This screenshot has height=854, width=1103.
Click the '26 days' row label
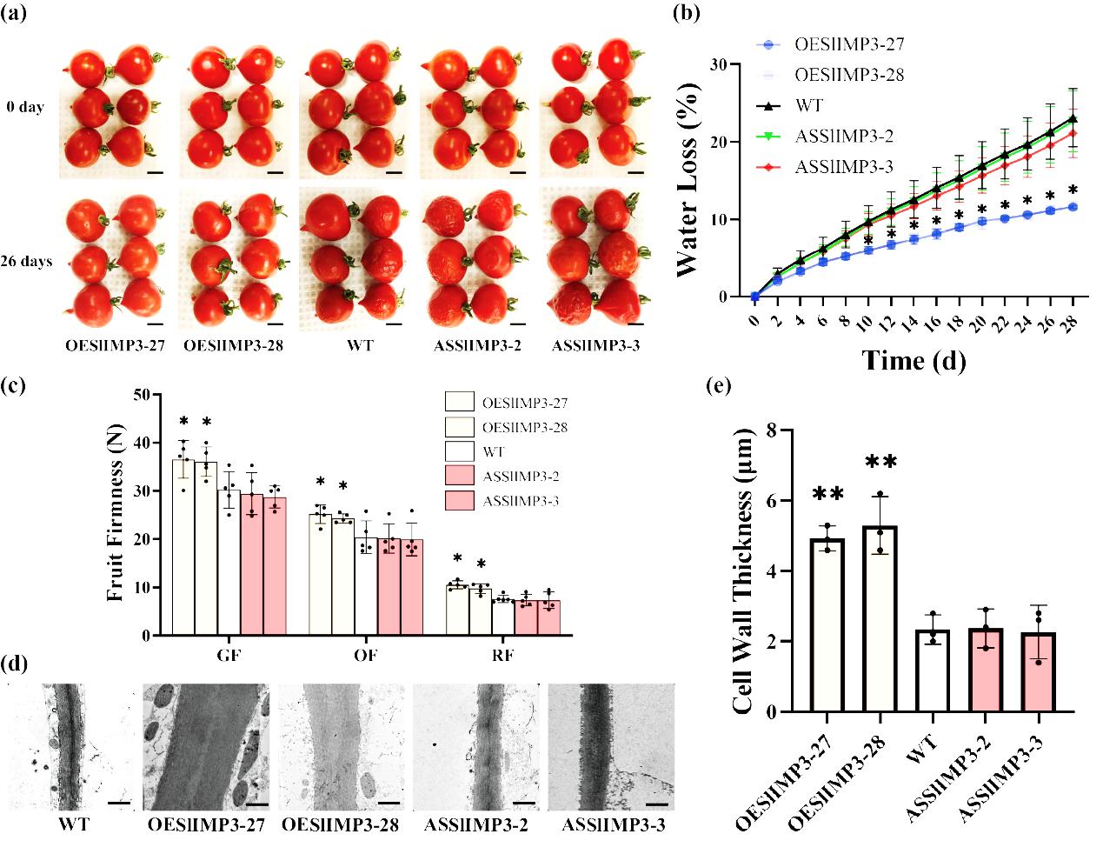[x=26, y=261]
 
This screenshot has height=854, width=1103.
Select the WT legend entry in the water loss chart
[x=808, y=106]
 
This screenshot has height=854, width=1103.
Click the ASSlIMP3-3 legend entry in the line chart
[x=843, y=168]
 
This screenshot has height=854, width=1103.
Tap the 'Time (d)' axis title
[x=914, y=360]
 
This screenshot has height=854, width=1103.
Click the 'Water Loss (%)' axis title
[x=687, y=180]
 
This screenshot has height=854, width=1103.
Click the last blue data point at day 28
[x=1073, y=207]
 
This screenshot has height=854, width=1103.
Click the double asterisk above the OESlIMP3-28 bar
[x=880, y=462]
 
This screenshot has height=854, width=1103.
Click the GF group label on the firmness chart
[x=229, y=655]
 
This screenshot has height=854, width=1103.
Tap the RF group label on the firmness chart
[x=502, y=655]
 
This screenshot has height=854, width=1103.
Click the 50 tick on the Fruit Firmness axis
[x=139, y=396]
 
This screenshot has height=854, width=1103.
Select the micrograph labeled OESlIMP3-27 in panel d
[x=207, y=748]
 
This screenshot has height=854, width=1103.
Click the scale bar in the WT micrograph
[x=119, y=803]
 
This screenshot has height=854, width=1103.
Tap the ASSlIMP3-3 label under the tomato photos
[x=595, y=346]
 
